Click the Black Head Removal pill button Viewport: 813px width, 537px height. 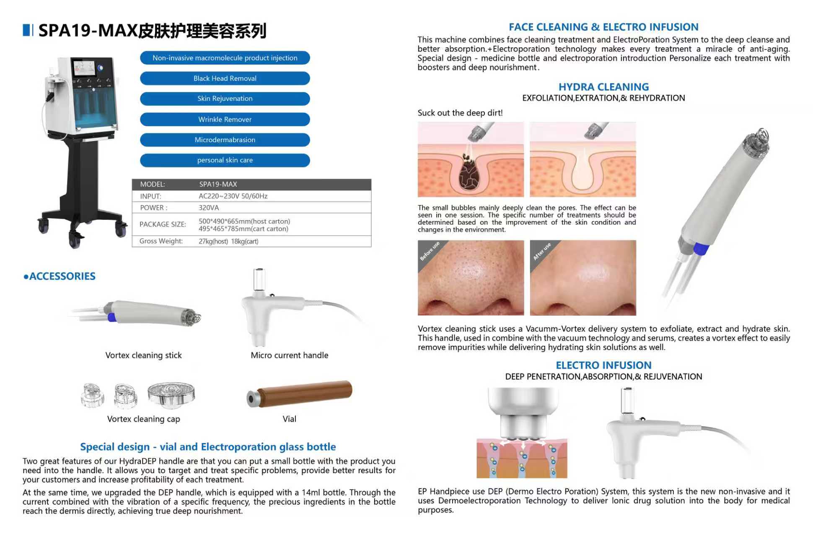[x=225, y=78]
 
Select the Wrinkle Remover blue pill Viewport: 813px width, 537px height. [x=225, y=120]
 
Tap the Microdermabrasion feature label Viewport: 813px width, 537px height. [x=225, y=140]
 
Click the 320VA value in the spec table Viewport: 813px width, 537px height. [x=209, y=208]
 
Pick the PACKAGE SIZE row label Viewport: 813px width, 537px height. [x=163, y=224]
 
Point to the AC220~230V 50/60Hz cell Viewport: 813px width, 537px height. [x=233, y=196]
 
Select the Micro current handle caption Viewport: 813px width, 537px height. [x=289, y=355]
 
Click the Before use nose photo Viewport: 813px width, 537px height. [x=471, y=278]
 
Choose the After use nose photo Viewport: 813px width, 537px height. [x=583, y=278]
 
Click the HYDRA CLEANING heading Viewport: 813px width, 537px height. [x=603, y=87]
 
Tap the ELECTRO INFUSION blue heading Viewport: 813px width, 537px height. [x=603, y=365]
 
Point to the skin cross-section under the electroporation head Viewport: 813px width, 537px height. [x=522, y=459]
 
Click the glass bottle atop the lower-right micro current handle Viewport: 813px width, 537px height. [x=627, y=401]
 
